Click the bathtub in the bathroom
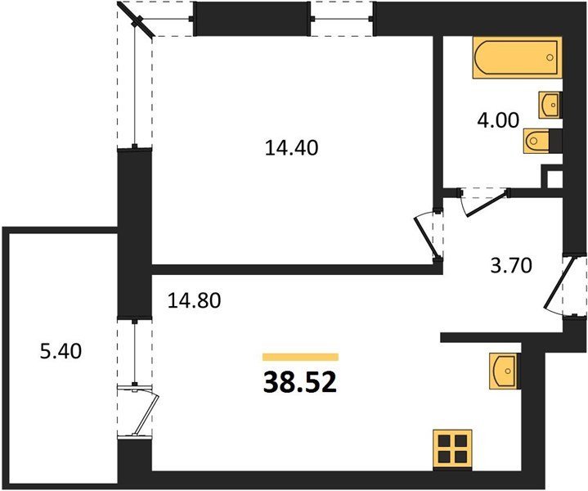coord(518,57)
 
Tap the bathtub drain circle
coord(550,57)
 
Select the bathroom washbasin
coord(549,105)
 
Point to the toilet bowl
coord(536,141)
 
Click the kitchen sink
coord(504,371)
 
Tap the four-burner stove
coord(452,449)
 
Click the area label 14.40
coord(291,147)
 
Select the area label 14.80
coord(194,300)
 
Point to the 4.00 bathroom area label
coord(498,120)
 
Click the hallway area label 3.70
coord(511,265)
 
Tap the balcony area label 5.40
coord(61,352)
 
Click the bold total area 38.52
coord(300,383)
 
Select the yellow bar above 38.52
coord(300,357)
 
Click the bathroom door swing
coord(484,205)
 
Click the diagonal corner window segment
coord(136,20)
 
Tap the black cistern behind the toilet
coord(555,141)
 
